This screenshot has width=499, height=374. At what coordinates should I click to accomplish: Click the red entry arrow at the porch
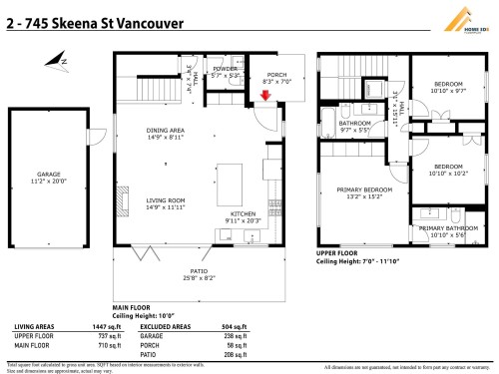[264, 96]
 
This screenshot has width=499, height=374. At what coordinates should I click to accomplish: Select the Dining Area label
[166, 133]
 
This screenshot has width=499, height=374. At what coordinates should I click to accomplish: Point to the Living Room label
[166, 203]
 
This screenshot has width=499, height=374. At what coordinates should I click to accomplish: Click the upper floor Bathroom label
[354, 126]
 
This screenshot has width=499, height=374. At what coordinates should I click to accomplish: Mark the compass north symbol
[62, 61]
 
